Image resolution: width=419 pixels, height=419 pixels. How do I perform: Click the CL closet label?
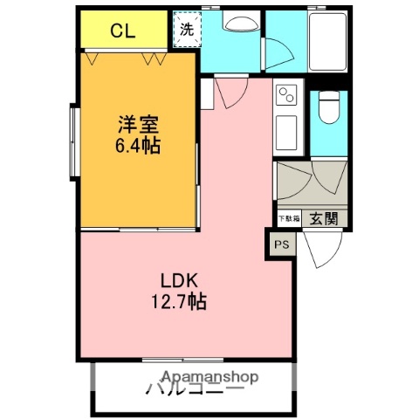(122, 32)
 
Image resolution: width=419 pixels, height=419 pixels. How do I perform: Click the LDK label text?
(180, 282)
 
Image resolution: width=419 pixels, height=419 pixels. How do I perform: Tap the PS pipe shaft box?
(282, 245)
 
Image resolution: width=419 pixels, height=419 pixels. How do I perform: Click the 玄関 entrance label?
(322, 218)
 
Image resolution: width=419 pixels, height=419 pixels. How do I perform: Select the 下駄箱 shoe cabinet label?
(289, 218)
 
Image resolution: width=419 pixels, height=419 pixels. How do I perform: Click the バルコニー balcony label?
(196, 389)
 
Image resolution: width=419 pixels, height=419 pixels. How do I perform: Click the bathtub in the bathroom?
(328, 42)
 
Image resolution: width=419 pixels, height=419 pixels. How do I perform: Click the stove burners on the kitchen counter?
(287, 94)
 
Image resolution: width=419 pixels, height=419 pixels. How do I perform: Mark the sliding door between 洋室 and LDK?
(140, 230)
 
